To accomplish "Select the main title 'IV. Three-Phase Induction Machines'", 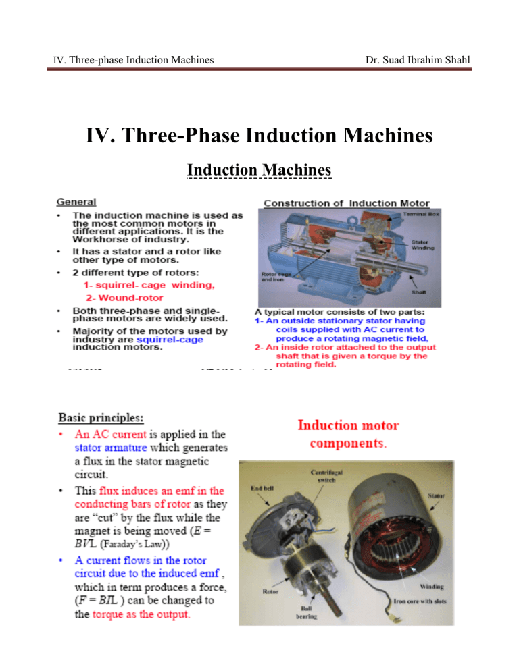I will (259, 136).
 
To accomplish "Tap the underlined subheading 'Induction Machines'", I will (259, 170).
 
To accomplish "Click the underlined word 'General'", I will (76, 201).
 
